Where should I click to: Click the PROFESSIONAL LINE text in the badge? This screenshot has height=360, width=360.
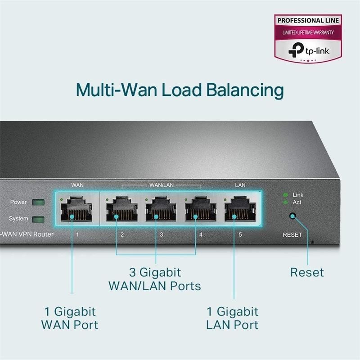308,20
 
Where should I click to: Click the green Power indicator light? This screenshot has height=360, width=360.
39,202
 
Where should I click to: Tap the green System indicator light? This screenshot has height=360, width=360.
39,219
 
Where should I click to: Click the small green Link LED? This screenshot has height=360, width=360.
285,195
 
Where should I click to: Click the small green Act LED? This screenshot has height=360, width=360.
285,202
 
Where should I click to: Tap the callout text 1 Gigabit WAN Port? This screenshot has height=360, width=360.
70,318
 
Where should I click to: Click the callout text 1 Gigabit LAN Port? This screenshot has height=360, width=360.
232,318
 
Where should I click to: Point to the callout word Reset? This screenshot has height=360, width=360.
307,272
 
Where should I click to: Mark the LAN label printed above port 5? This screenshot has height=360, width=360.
240,185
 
